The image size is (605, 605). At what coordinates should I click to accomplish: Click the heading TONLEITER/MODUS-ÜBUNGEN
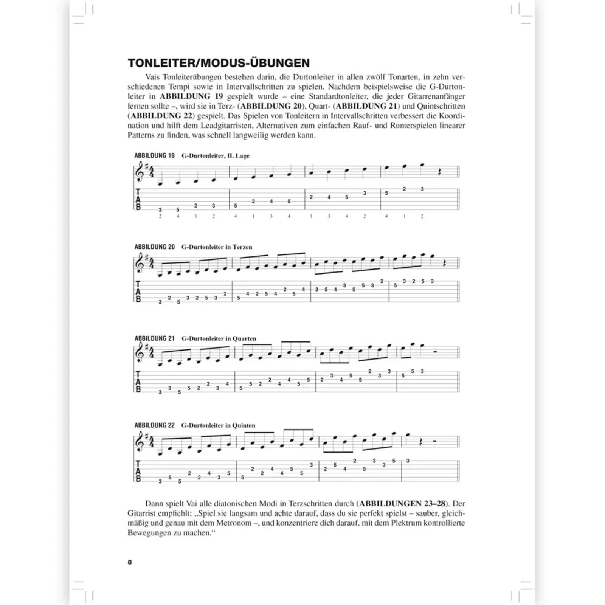click(x=219, y=63)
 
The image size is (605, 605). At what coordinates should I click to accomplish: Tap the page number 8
click(x=130, y=562)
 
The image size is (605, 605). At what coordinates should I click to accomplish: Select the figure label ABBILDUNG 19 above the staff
click(x=154, y=155)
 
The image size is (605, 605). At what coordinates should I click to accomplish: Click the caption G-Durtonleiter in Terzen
click(x=217, y=247)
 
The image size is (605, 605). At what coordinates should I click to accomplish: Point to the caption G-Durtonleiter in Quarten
click(x=219, y=338)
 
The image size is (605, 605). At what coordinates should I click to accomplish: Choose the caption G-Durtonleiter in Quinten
click(x=218, y=425)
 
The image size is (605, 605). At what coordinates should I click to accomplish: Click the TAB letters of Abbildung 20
click(x=138, y=292)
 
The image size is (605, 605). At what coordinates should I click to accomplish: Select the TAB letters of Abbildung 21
click(x=138, y=382)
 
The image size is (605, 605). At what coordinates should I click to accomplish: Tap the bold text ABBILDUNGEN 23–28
click(x=402, y=504)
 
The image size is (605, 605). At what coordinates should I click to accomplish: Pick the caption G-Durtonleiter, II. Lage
click(x=216, y=155)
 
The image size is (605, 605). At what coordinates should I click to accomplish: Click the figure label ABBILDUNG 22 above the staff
click(x=154, y=425)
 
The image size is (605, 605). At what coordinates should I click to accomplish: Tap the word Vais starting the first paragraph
click(x=153, y=77)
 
